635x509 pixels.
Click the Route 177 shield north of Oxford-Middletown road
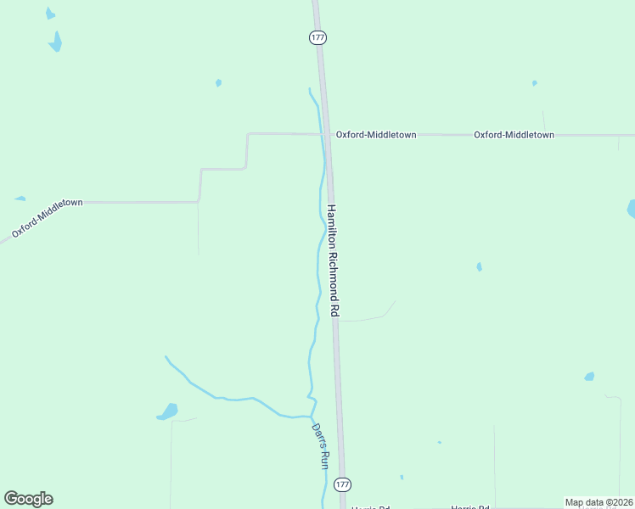point(317,38)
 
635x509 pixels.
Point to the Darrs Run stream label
point(319,446)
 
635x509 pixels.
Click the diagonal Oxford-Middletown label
point(47,218)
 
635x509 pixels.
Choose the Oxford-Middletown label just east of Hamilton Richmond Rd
point(375,135)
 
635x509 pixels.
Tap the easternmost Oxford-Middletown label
point(514,135)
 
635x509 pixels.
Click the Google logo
point(28,499)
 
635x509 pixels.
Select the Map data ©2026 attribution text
point(598,502)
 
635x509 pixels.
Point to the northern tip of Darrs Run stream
point(310,88)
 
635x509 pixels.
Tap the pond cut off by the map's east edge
point(631,208)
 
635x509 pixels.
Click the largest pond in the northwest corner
point(56,42)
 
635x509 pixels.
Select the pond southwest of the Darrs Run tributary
point(168,411)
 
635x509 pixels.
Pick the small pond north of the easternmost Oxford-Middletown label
point(534,83)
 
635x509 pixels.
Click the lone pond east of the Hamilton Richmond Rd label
point(479,266)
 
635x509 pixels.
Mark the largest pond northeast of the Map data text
point(589,376)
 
